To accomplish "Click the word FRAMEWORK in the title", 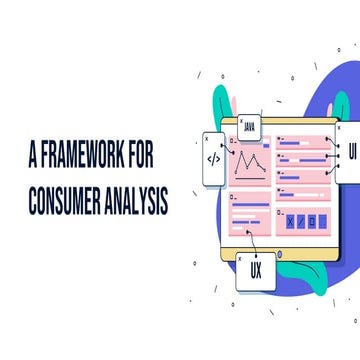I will pos(82,159).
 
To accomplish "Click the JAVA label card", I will pos(250,128).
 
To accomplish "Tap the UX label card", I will pos(255,268).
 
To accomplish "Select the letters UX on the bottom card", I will pos(256,271).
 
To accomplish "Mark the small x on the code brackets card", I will pos(207,139).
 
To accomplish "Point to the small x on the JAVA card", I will pos(241,120).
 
